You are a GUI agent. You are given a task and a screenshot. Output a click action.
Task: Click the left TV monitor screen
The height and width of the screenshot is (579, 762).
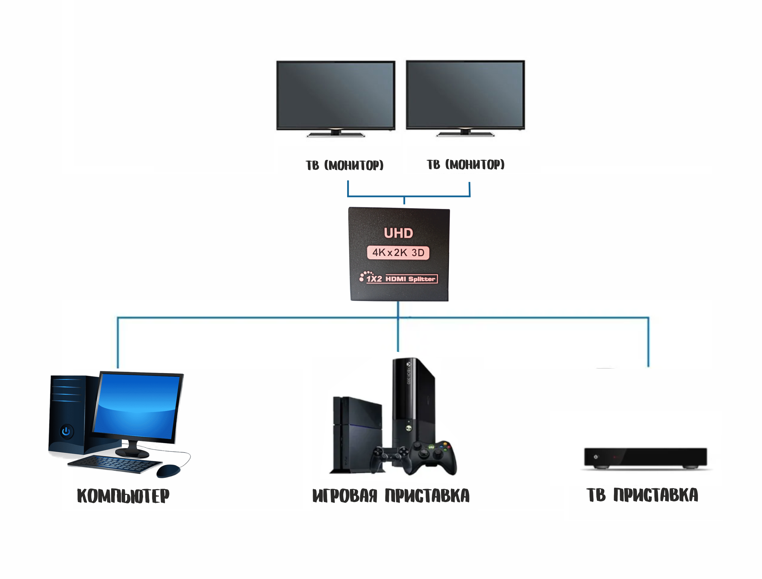[336, 95]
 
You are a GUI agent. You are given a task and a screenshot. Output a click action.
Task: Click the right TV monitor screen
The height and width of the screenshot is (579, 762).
[465, 94]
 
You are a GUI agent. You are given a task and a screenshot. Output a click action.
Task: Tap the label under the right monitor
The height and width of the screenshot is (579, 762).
[465, 164]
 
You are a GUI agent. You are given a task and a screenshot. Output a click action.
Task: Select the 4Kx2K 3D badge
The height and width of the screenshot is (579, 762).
[398, 253]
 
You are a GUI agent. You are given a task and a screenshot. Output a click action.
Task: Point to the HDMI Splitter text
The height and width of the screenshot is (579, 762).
[410, 279]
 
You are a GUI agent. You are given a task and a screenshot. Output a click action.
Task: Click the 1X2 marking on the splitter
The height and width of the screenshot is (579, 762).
[374, 279]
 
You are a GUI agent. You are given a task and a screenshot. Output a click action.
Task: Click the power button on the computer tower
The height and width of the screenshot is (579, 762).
[66, 431]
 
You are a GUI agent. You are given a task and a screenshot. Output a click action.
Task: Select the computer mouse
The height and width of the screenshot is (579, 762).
[168, 471]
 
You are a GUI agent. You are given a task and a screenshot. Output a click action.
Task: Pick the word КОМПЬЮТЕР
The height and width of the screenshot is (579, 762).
[123, 496]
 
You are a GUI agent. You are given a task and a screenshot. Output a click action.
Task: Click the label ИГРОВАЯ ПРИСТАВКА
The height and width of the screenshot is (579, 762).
[391, 496]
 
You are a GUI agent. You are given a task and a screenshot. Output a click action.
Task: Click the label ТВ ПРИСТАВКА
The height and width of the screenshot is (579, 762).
[642, 495]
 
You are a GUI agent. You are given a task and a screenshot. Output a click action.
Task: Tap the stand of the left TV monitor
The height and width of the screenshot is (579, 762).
[336, 134]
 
